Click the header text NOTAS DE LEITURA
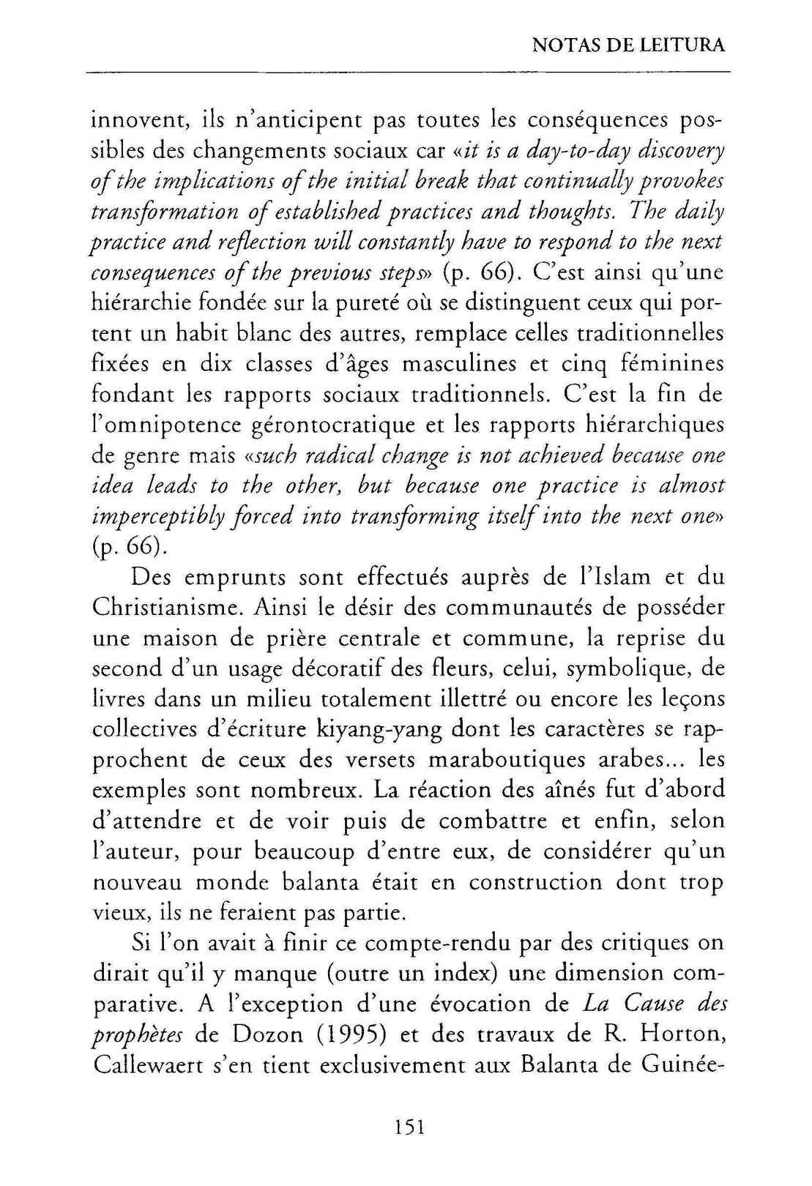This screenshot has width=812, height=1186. tap(628, 46)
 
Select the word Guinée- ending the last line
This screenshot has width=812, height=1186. tap(682, 1066)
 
